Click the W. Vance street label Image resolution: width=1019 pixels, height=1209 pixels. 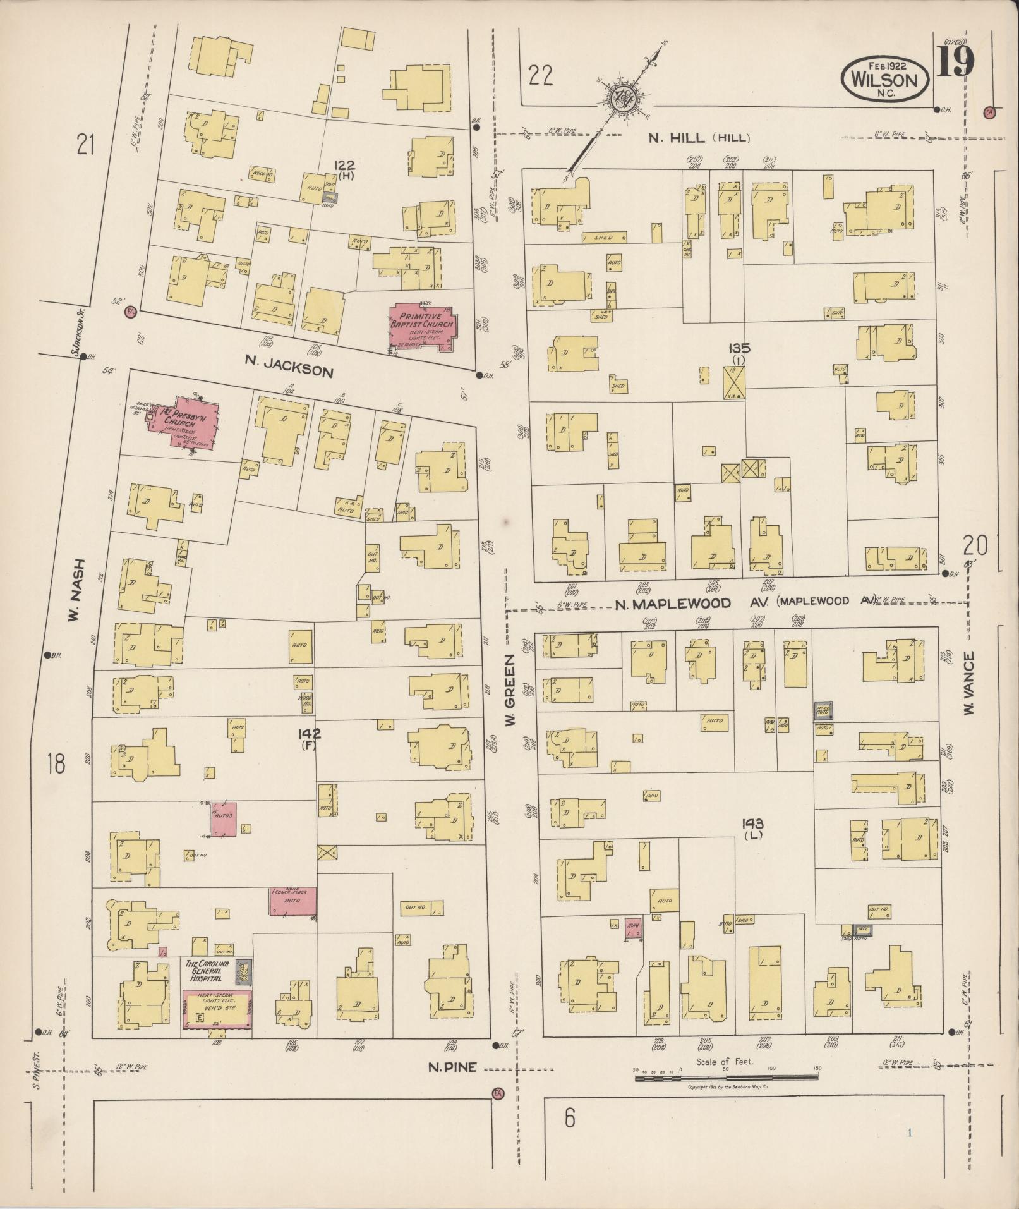coord(970,684)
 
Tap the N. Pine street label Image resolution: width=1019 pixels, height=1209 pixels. coord(451,1067)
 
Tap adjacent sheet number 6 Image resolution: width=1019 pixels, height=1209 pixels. coord(570,1119)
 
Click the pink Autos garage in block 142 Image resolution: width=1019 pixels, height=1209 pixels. coord(224,819)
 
